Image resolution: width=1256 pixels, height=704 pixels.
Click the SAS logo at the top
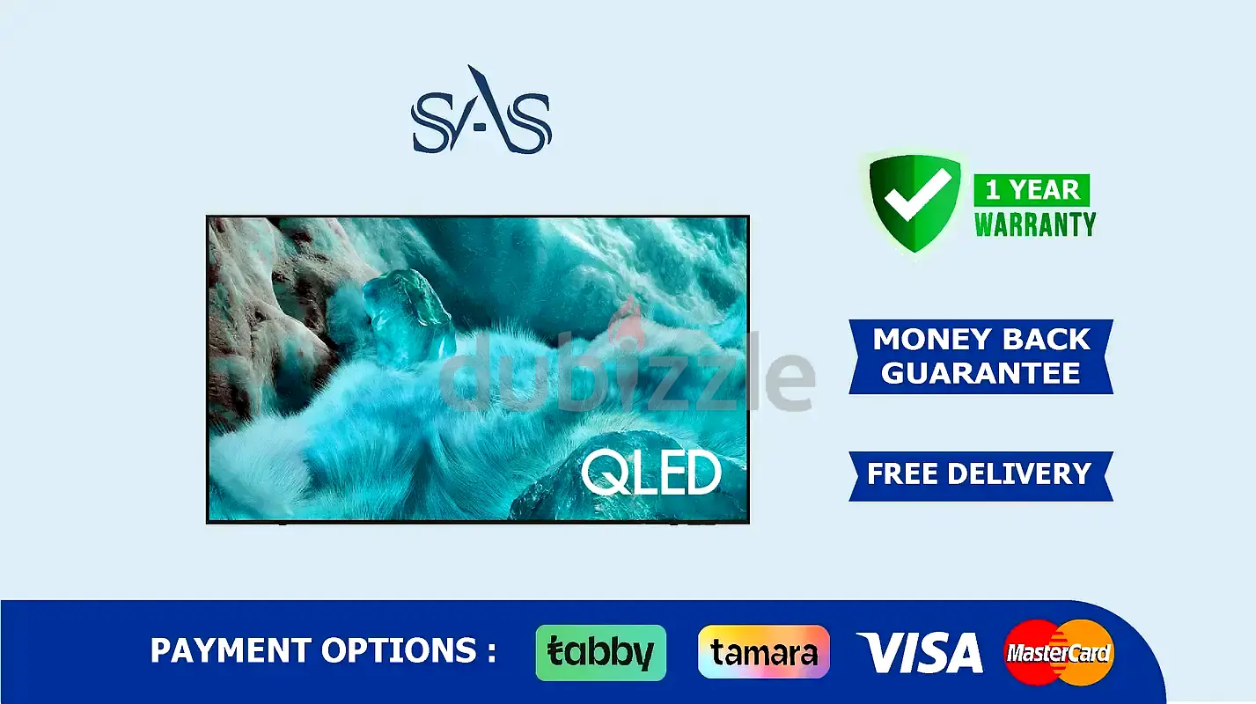coord(481,110)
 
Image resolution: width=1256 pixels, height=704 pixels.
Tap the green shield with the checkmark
coord(914,203)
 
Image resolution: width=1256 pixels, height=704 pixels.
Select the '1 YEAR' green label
coord(1032,190)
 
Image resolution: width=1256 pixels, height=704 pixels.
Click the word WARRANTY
coord(1035,224)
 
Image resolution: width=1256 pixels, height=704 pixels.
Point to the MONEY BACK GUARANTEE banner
coord(981,357)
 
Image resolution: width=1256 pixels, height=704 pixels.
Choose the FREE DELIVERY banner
coord(981,476)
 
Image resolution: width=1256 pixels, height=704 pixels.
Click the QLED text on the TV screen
coord(651,474)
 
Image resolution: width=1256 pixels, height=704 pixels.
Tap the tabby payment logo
coord(600,653)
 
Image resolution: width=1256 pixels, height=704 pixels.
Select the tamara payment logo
coord(764,652)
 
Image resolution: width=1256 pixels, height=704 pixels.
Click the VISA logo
coord(920,652)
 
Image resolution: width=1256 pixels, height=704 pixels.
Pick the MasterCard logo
coord(1059,652)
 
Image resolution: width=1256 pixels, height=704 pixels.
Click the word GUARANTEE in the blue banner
coord(981,373)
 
